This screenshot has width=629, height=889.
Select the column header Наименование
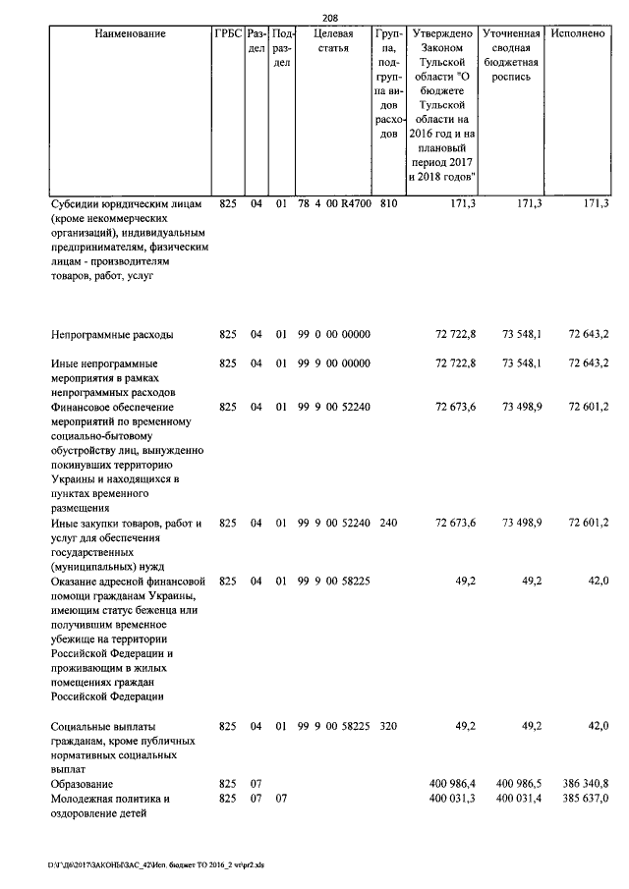tap(130, 34)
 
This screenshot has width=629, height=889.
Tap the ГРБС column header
tap(227, 34)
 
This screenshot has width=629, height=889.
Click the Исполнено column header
tap(579, 34)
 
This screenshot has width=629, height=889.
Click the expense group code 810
tap(388, 203)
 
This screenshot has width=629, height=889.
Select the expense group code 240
tap(388, 523)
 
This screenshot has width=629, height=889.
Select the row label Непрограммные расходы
tap(112, 335)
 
